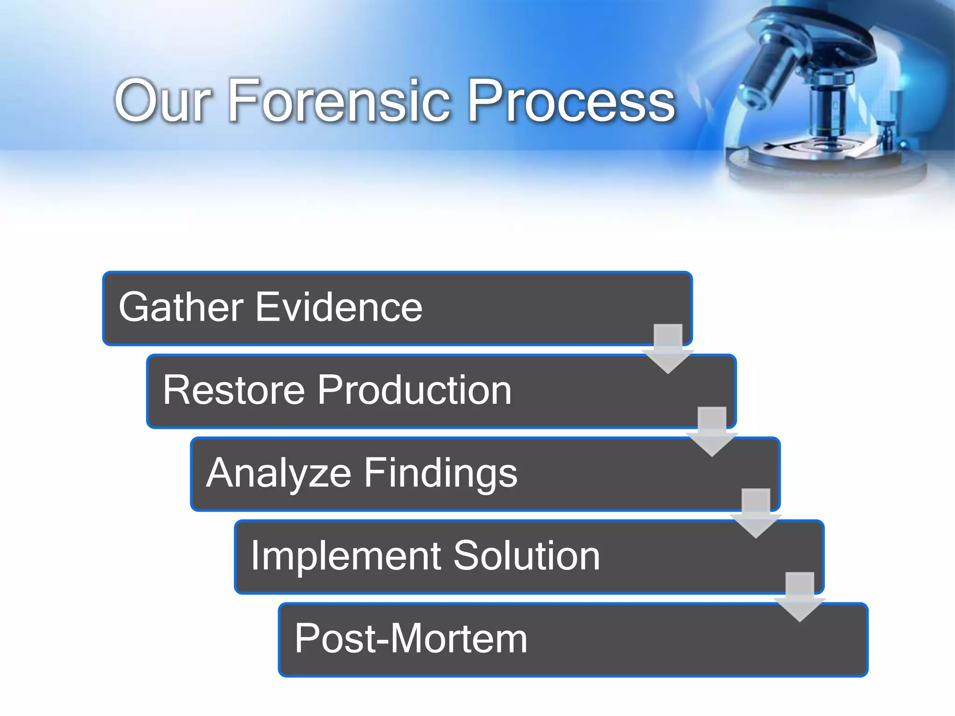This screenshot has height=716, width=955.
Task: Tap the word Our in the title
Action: pos(163,101)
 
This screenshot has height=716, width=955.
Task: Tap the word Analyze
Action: pos(278,473)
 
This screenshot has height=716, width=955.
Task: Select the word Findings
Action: pos(441,473)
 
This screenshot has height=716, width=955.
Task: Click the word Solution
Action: pos(526,556)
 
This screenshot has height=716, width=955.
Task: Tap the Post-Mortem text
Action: pos(411,639)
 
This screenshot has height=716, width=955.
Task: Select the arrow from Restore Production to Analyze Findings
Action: pos(712,432)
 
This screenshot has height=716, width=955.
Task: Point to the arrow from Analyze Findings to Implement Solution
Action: pos(755,514)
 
